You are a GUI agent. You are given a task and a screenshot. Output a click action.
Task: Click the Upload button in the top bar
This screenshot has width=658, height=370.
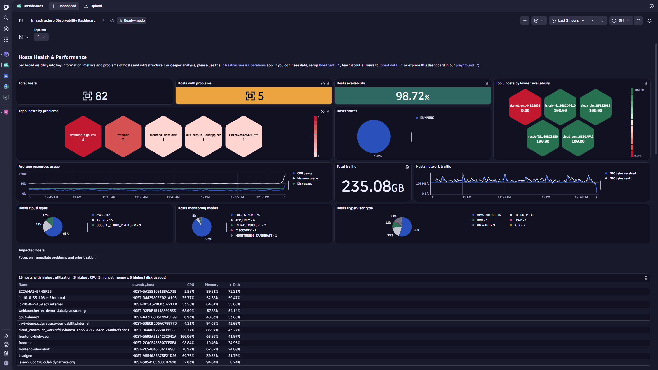(x=93, y=6)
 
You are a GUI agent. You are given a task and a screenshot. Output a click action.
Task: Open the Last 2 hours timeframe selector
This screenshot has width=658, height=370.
(x=568, y=20)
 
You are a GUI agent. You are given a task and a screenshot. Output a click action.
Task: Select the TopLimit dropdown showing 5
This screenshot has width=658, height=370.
(x=41, y=37)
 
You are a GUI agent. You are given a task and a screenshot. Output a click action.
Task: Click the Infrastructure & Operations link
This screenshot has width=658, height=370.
(x=243, y=65)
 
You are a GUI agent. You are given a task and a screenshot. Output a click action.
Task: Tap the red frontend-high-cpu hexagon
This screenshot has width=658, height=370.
(x=83, y=137)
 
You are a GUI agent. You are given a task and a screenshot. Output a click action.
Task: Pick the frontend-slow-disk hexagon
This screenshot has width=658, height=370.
(x=163, y=137)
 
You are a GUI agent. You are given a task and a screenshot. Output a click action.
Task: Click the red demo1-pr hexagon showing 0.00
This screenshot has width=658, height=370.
(x=525, y=107)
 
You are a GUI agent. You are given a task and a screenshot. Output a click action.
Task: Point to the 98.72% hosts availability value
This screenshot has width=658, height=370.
(x=412, y=96)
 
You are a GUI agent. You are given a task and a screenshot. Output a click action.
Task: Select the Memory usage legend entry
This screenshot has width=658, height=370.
(x=307, y=178)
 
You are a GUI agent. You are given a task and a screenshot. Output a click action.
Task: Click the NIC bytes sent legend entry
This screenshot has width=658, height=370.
(x=620, y=178)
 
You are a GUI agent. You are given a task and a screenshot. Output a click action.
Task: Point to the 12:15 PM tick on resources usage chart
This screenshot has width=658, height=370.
(x=237, y=197)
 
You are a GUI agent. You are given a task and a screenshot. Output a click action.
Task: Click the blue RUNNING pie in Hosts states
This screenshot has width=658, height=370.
(x=374, y=136)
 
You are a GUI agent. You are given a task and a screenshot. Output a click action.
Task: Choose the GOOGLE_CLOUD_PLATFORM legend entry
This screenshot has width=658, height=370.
(x=118, y=225)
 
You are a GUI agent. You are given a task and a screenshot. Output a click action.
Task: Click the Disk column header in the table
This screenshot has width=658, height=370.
(x=236, y=285)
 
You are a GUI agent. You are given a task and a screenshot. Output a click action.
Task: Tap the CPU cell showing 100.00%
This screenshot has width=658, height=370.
(x=187, y=336)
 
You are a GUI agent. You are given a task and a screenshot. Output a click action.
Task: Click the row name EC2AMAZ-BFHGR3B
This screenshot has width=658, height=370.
(x=35, y=291)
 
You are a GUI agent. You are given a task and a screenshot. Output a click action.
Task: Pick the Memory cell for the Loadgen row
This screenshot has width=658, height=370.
(x=212, y=356)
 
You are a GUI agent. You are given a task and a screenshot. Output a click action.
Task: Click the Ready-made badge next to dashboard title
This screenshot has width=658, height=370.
(x=132, y=20)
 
